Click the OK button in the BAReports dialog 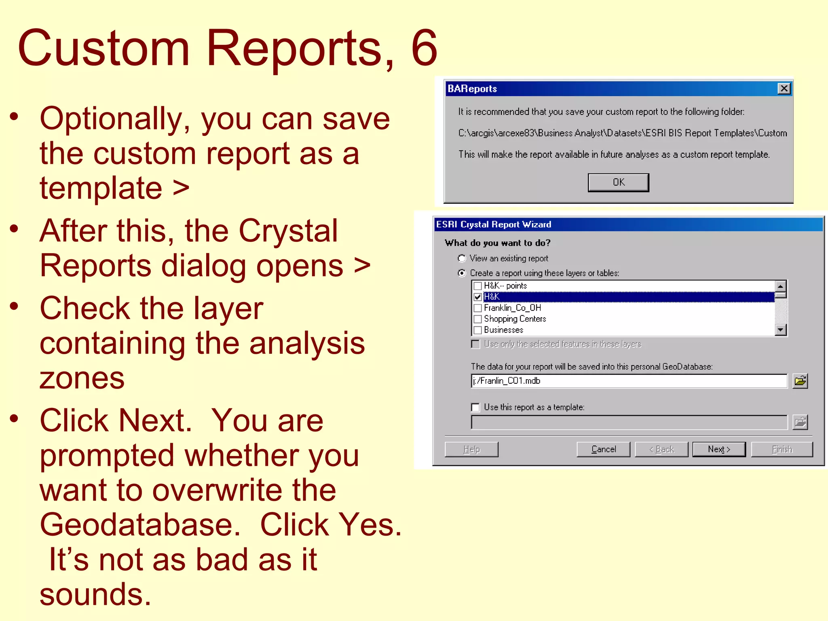tap(618, 182)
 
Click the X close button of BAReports tap(784, 89)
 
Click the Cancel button tap(603, 449)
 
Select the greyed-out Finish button tap(782, 449)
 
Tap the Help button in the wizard tap(471, 449)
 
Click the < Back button tap(661, 449)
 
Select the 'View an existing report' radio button tap(462, 258)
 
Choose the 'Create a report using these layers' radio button tap(462, 273)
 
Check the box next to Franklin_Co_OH tap(477, 308)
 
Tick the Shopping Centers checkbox tap(477, 319)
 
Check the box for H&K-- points tap(477, 286)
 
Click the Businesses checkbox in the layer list tap(477, 330)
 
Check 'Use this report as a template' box tap(476, 407)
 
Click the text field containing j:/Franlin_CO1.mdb tap(629, 381)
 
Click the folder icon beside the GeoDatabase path tap(800, 381)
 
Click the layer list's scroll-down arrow tap(781, 330)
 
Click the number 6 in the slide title tap(424, 49)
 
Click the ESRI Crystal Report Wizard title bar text tap(494, 224)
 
